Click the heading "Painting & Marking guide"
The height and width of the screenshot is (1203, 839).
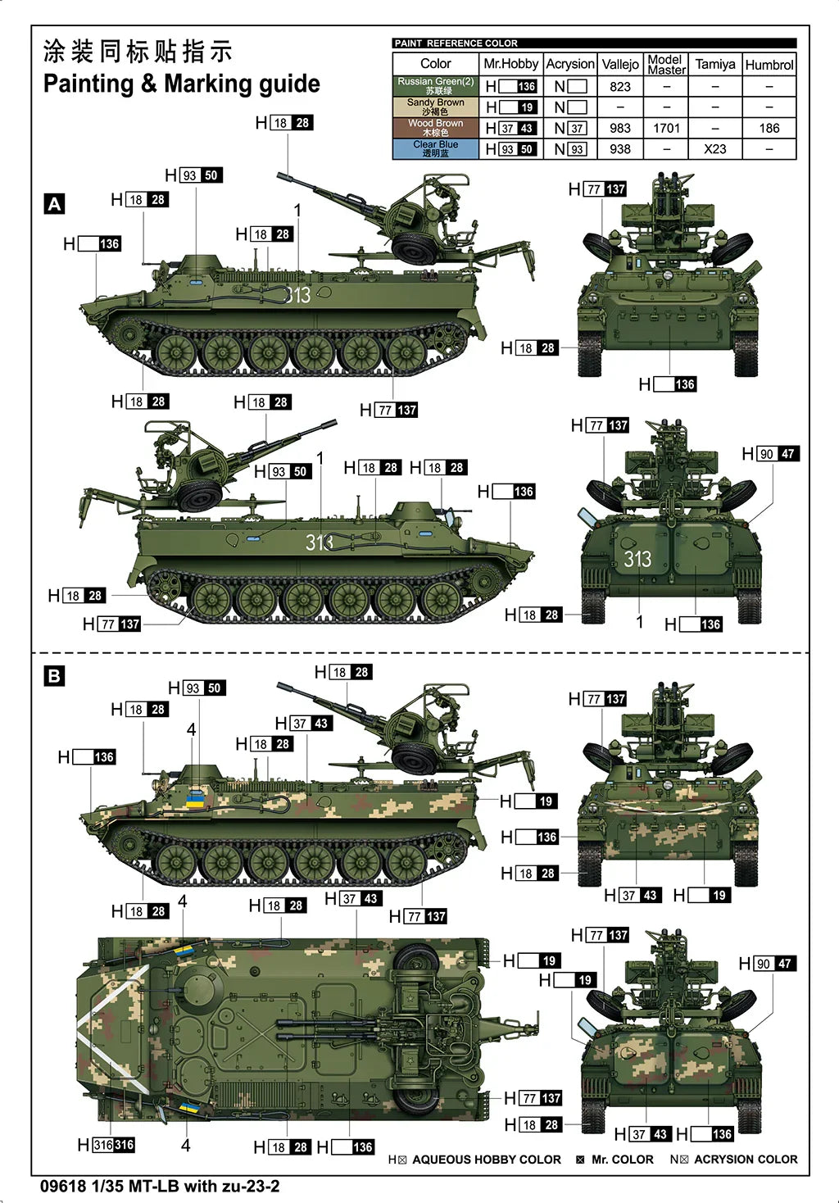point(181,84)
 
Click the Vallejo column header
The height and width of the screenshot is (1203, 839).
point(620,64)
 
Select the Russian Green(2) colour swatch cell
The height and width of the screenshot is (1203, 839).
point(435,86)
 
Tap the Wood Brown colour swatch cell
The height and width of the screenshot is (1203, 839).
point(435,128)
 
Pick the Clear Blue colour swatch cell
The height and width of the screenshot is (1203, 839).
point(435,148)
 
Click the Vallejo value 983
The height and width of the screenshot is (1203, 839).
point(620,128)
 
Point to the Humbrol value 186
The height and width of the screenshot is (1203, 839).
point(769,128)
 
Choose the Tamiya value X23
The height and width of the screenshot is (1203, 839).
point(715,149)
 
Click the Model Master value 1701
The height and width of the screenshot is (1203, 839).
point(666,128)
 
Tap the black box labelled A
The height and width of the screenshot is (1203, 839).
point(55,204)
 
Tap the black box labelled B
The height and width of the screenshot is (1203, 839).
point(54,676)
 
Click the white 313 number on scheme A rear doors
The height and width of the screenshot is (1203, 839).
point(637,559)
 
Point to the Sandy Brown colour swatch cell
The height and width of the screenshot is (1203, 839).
point(435,107)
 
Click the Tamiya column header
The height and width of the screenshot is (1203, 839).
point(715,64)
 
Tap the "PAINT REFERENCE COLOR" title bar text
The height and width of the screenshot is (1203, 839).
point(456,43)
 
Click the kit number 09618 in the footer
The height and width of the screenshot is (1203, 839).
point(62,1186)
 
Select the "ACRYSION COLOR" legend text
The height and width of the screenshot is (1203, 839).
point(746,1160)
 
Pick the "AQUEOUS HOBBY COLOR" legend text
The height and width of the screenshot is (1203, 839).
point(487,1160)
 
